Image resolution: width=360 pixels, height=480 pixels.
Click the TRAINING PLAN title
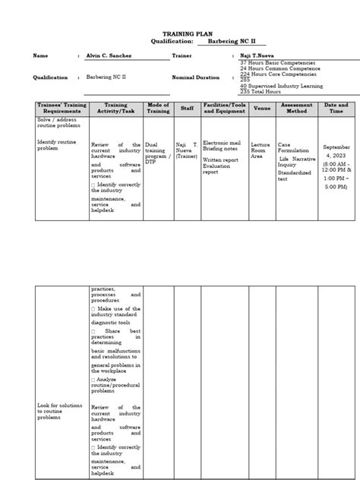(182, 34)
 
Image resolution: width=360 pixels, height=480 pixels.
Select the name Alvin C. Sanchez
(114, 56)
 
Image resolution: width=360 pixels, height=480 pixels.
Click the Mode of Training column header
(158, 109)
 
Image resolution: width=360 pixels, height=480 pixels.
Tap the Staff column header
(187, 109)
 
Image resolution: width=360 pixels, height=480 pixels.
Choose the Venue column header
(261, 109)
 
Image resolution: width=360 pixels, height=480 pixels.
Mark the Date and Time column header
(336, 109)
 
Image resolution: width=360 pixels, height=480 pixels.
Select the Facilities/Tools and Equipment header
(225, 109)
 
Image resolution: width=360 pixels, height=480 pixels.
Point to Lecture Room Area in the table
(260, 150)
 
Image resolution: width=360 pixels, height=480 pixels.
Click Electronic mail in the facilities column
(221, 144)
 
